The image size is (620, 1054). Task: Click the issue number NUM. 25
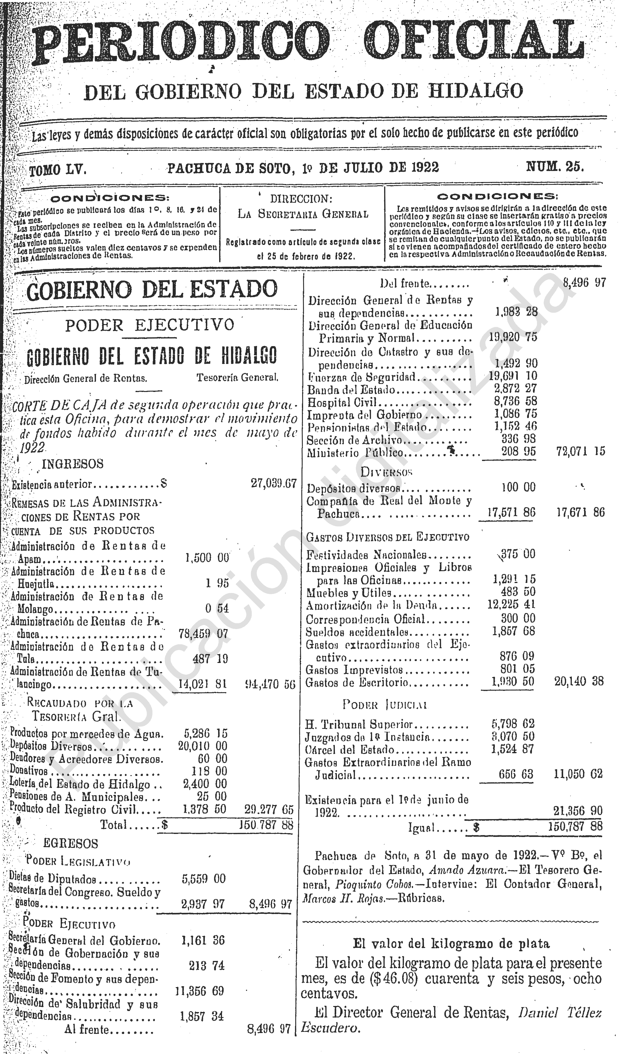tap(555, 167)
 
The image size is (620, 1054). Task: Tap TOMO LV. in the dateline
tap(58, 169)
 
